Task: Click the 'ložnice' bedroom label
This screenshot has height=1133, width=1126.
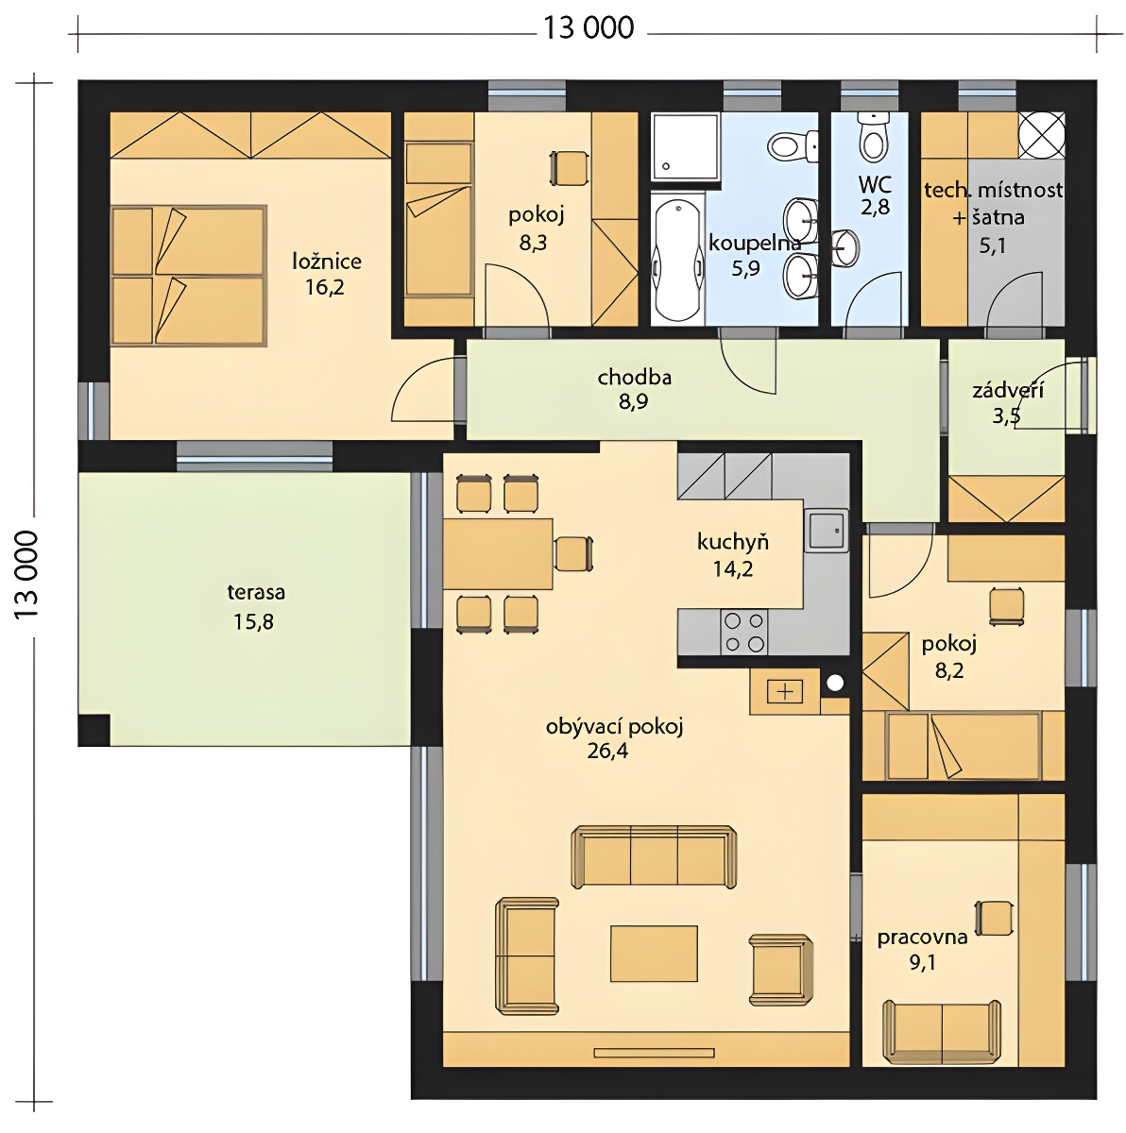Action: (327, 262)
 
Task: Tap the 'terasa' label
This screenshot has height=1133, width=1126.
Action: (256, 591)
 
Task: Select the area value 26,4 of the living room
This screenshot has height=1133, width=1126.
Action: (607, 751)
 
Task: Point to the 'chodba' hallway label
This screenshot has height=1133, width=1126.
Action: (634, 377)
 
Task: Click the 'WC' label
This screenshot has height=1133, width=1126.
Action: (875, 185)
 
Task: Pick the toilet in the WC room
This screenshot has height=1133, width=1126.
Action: (874, 138)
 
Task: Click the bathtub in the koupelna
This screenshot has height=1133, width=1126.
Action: (677, 260)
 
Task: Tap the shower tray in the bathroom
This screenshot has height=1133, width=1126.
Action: (686, 146)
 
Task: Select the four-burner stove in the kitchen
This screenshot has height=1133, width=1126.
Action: (743, 632)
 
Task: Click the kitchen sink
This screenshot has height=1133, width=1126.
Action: (826, 531)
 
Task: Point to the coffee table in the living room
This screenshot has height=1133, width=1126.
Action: (654, 954)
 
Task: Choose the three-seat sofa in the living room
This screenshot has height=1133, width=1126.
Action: (654, 856)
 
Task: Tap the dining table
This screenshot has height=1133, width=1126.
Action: (498, 554)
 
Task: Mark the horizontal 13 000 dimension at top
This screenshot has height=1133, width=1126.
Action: (589, 28)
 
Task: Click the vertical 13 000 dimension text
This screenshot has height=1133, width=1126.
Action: (26, 574)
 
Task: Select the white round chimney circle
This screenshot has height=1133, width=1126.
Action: (835, 683)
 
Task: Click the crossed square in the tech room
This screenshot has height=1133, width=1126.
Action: (1041, 135)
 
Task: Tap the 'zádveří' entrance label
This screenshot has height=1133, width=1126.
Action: (1008, 390)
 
